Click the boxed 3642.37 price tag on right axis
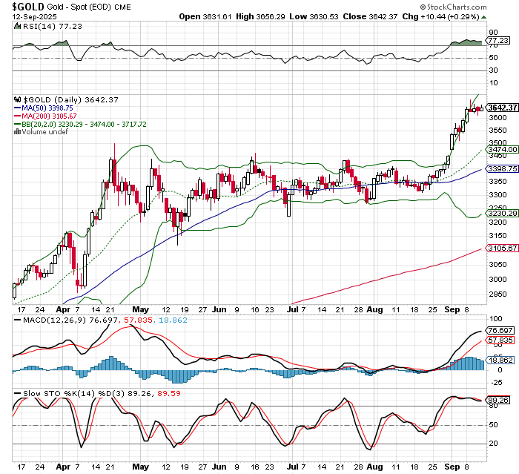pos(502,108)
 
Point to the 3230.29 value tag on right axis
pos(502,214)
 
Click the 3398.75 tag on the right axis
pos(502,170)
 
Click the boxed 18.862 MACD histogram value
pos(500,361)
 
